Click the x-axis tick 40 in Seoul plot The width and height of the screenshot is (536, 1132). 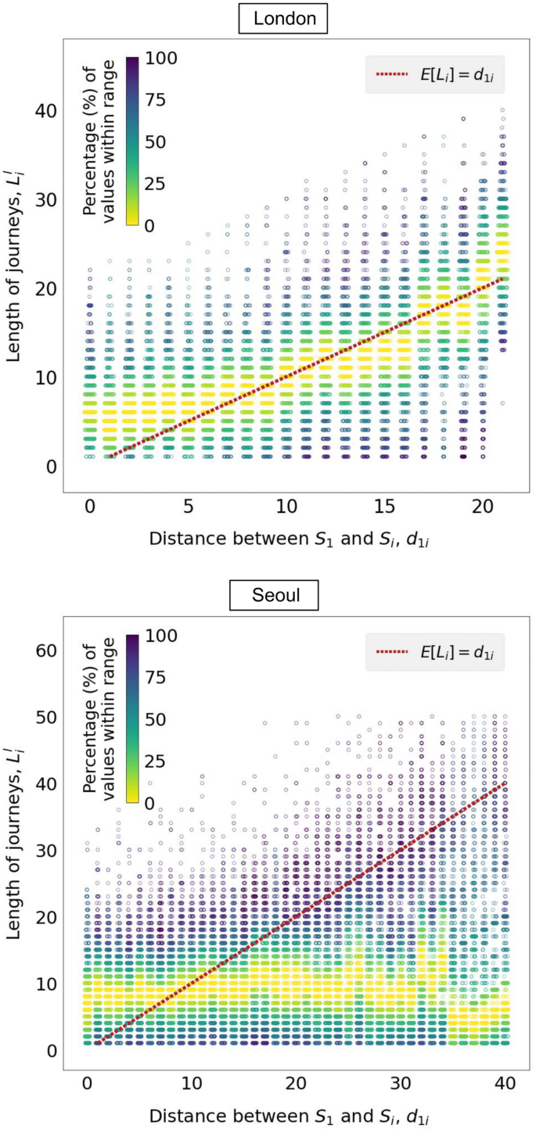(505, 1088)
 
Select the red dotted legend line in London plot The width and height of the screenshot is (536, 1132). (392, 75)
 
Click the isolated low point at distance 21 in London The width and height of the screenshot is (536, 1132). (502, 403)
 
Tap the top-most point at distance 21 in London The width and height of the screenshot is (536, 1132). (502, 110)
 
